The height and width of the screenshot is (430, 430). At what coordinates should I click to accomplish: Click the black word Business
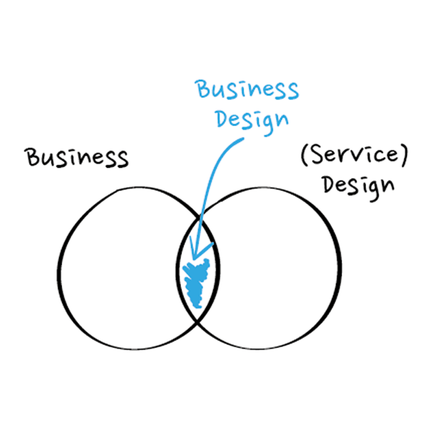click(x=77, y=158)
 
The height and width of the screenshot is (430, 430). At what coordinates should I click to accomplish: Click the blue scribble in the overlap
click(x=197, y=283)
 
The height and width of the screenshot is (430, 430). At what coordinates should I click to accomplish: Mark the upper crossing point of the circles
click(x=200, y=218)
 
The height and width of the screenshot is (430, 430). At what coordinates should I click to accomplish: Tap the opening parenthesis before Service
click(x=304, y=155)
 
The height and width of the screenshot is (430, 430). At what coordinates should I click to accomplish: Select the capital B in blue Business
click(x=203, y=88)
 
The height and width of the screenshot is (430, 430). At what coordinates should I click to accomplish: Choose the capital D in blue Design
click(x=223, y=119)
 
